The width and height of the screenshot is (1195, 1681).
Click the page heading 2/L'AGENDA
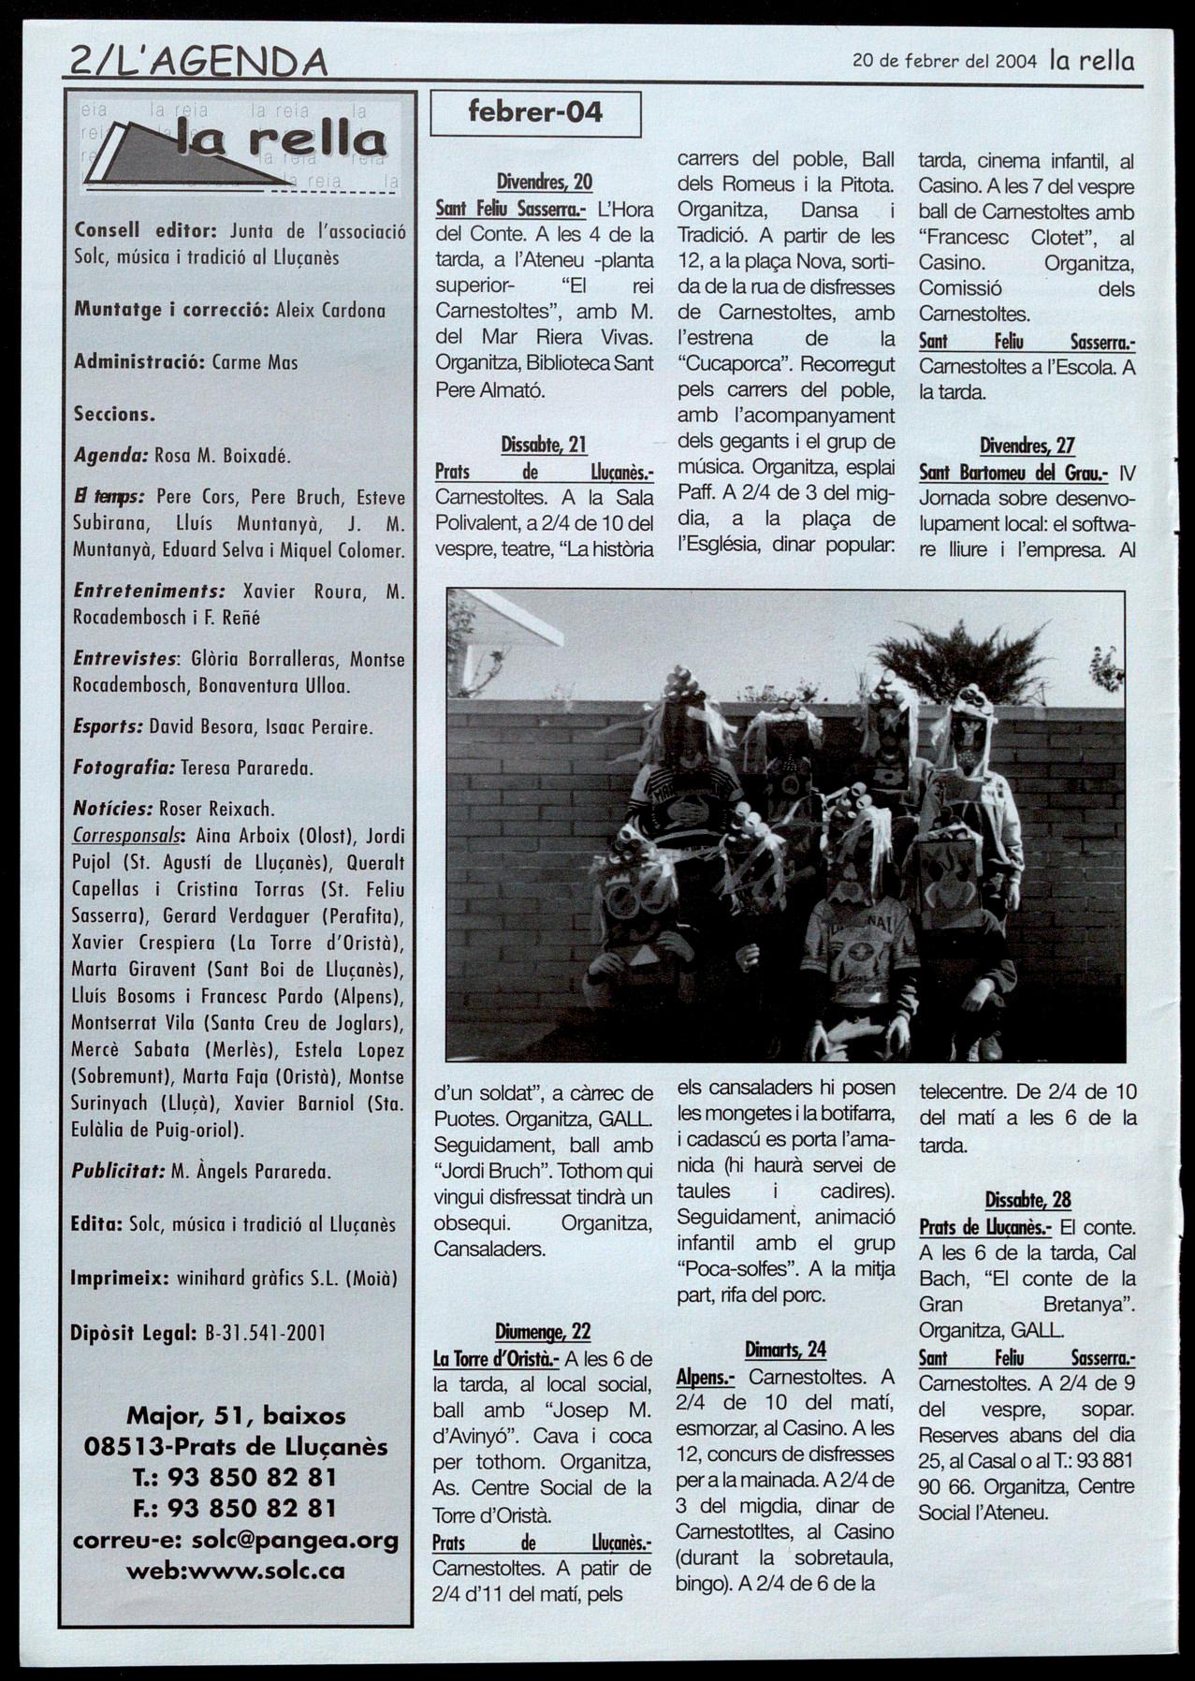coord(198,62)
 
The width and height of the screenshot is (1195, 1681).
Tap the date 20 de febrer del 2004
coord(944,62)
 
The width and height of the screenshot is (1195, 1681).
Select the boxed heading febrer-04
coord(534,113)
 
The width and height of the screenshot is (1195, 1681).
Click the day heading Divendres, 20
coord(545,182)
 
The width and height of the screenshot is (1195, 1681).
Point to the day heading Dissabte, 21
coord(544,445)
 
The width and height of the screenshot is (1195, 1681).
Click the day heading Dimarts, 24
coord(786,1349)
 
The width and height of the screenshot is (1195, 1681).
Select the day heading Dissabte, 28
coord(1027,1199)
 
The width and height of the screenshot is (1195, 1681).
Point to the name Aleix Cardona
coord(330,311)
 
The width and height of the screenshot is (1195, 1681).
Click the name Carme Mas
coord(255,362)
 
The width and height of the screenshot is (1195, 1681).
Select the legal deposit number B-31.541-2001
coord(265,1333)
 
